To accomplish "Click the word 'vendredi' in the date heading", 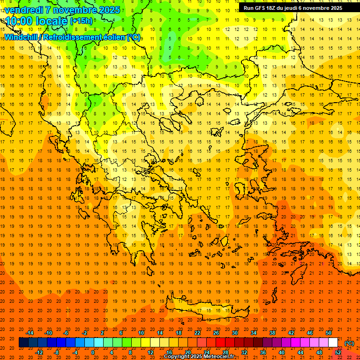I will point(23,9).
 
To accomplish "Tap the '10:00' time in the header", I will point(18,21).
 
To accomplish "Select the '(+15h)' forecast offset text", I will point(81,21).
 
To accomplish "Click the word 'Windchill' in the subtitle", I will point(23,37).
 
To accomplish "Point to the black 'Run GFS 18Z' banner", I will point(293,8).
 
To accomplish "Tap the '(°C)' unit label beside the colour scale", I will point(349,343).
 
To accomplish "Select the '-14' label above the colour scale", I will point(30,333).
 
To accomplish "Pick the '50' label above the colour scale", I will point(329,333).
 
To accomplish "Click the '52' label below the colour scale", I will point(338,352).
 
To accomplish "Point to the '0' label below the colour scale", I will point(93,352).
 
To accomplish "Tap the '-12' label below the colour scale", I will point(39,352).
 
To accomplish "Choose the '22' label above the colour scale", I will point(197,333).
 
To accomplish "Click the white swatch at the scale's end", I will point(333,343).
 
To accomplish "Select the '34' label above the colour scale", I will point(254,333).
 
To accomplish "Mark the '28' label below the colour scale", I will point(225,352).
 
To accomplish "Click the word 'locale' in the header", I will point(51,21).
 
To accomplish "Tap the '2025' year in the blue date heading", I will point(108,9).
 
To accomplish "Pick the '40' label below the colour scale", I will point(282,352).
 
